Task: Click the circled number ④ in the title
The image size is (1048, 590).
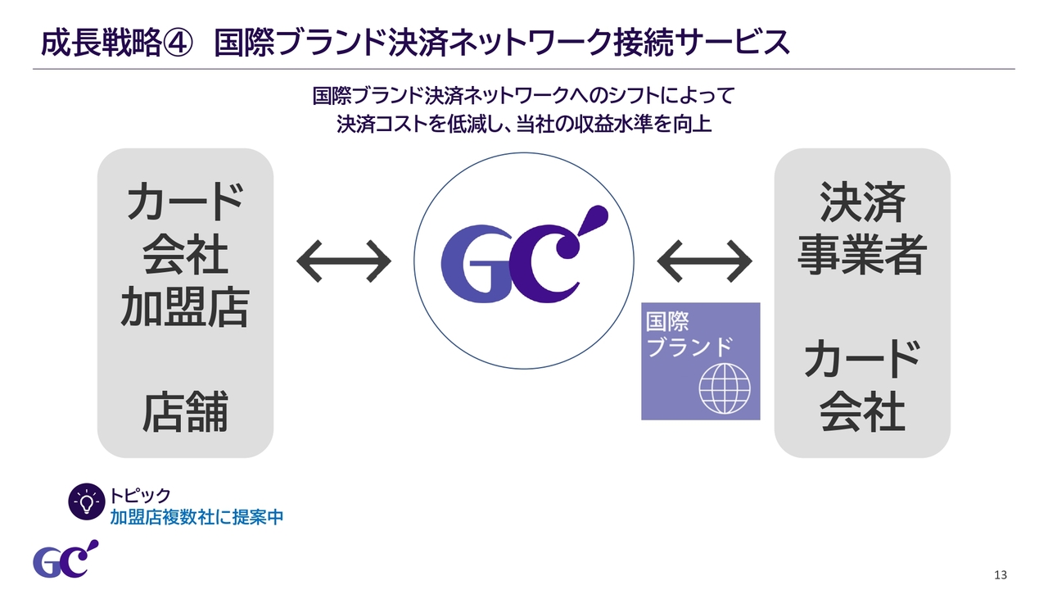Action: tap(178, 43)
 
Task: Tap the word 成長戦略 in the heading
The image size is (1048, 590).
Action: tap(101, 43)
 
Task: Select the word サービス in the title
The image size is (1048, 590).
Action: tap(733, 43)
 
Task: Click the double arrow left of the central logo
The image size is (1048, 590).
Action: tap(344, 261)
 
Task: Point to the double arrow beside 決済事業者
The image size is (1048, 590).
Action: tap(705, 261)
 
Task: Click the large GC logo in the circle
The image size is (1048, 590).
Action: tap(525, 254)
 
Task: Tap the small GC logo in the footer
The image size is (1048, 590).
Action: tap(65, 559)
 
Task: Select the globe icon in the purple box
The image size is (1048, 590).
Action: tap(725, 388)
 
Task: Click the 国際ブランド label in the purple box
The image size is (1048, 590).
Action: tap(689, 334)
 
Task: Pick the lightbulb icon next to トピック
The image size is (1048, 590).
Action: tap(87, 502)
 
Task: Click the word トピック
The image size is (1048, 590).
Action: tap(140, 495)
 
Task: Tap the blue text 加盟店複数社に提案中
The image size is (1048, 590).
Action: tap(197, 517)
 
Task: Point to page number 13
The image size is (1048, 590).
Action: tap(1001, 575)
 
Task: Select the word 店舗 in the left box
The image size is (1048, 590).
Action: tap(185, 412)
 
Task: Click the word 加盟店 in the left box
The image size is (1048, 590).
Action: tap(185, 306)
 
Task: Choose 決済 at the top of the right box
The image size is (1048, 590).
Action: tap(862, 202)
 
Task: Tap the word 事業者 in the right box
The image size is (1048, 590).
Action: tap(862, 255)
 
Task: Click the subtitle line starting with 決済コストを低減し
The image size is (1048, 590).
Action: tap(524, 124)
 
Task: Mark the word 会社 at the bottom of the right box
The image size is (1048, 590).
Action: tap(862, 412)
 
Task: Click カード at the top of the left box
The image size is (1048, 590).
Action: tap(185, 202)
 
